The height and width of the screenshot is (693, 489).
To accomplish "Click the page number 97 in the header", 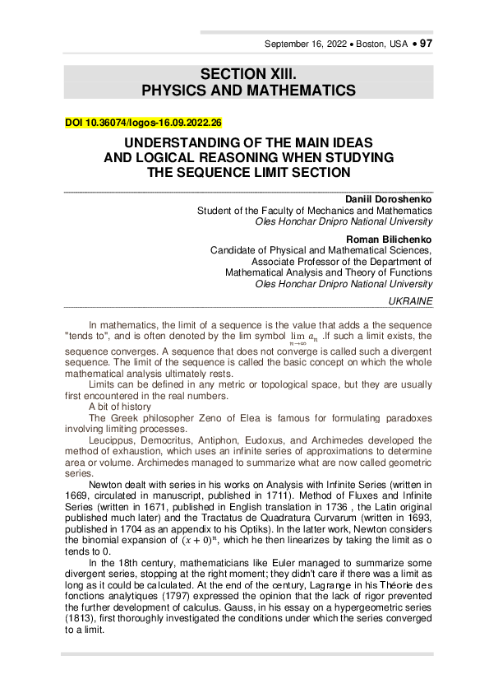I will [x=426, y=44].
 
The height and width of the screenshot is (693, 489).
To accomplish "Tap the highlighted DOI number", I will [x=143, y=123].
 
